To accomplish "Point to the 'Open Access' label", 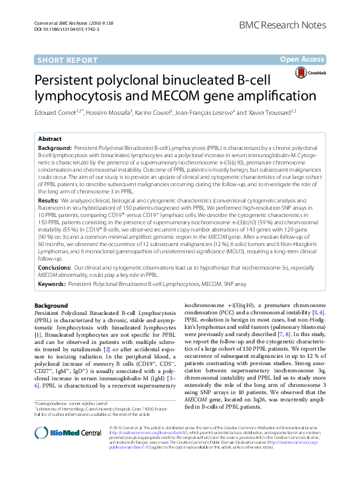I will pyautogui.click(x=302, y=59).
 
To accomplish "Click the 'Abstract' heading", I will pyautogui.click(x=50, y=139).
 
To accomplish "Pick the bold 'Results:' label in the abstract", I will pyautogui.click(x=48, y=199).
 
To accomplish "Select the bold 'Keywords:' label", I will pyautogui.click(x=51, y=284).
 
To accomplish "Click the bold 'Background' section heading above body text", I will pyautogui.click(x=51, y=306).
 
